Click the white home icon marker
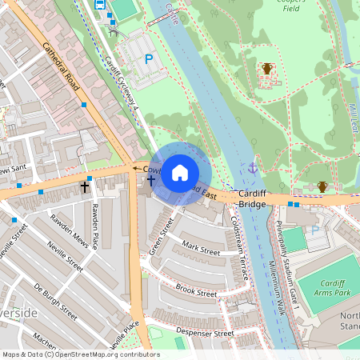[180, 172]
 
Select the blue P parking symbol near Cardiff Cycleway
[148, 58]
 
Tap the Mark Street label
[200, 250]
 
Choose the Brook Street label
[196, 291]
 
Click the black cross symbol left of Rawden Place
[84, 186]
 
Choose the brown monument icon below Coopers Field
[267, 69]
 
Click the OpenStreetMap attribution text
[81, 354]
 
